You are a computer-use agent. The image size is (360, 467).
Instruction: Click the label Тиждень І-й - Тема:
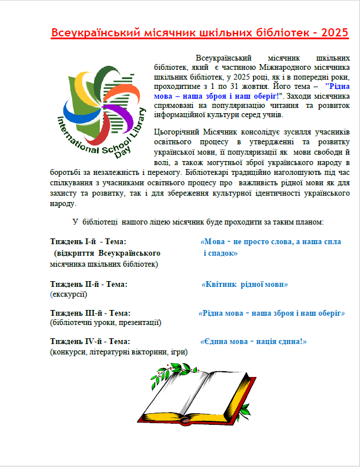tap(88, 241)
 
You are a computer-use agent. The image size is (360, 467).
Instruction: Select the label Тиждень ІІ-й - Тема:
tap(89, 284)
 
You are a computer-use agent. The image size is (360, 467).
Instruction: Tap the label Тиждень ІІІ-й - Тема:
tap(90, 313)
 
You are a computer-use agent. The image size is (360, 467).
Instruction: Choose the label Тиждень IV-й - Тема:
tap(90, 342)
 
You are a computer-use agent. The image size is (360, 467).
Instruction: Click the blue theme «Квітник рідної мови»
tap(244, 284)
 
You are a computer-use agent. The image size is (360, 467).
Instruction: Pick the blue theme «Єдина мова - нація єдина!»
tap(253, 342)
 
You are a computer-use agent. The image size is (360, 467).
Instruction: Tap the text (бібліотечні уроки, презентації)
tap(106, 323)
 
